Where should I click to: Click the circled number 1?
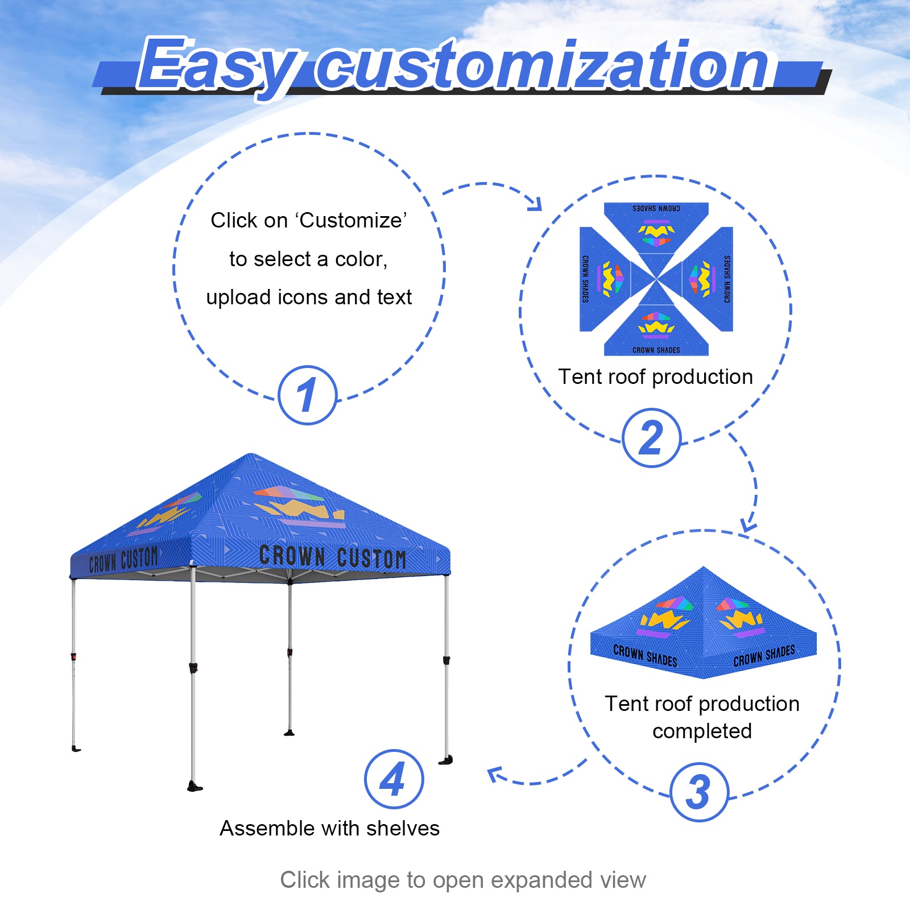pos(307,395)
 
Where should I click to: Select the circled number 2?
pos(651,438)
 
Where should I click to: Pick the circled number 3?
pos(699,792)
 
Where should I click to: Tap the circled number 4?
pos(394,779)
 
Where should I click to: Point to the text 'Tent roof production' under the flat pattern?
pos(655,377)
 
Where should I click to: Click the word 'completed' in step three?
pos(702,731)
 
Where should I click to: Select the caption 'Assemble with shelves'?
pos(330,829)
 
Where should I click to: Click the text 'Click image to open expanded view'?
pos(463,880)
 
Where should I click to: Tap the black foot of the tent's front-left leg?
pos(195,787)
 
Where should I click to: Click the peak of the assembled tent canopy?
pos(251,455)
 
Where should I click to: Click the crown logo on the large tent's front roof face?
pos(299,506)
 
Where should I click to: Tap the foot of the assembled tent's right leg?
pos(447,760)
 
